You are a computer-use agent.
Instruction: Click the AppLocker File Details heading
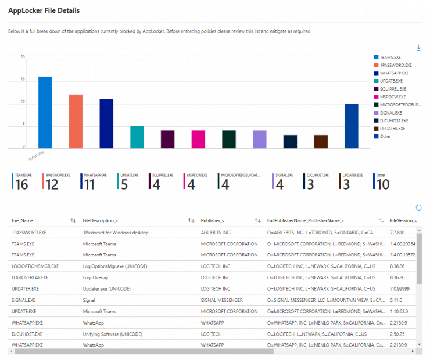(44, 10)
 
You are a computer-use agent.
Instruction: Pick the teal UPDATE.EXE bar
(137, 137)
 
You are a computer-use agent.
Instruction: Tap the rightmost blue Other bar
(351, 126)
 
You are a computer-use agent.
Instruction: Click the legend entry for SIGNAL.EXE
(390, 112)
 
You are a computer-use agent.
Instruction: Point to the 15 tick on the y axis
(23, 80)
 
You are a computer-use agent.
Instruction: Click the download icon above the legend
(418, 47)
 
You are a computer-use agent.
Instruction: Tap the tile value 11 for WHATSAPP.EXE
(89, 184)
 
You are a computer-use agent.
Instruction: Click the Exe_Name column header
(22, 220)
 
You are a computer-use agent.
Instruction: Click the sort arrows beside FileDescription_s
(191, 220)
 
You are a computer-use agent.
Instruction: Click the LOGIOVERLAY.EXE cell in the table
(30, 277)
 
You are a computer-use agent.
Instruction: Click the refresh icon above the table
(418, 208)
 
